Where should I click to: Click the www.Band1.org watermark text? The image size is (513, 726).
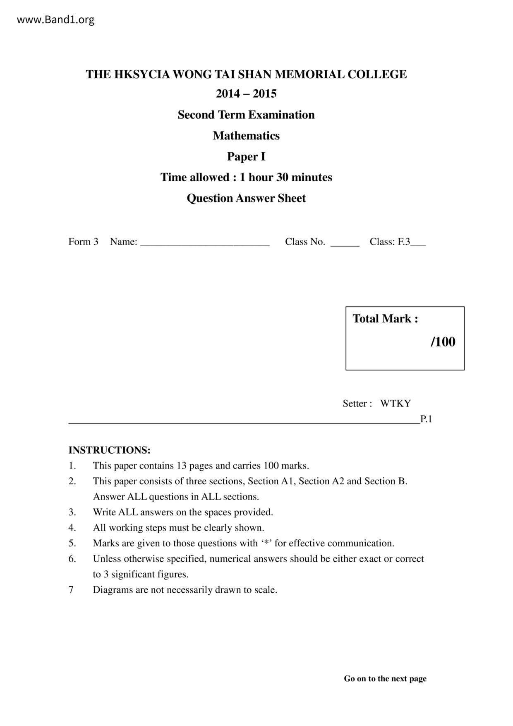56,19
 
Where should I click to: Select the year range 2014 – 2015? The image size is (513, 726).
246,94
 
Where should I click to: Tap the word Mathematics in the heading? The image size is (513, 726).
246,136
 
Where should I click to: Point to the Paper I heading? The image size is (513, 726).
246,156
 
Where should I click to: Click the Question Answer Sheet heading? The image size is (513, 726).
246,198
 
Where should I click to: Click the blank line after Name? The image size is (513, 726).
205,243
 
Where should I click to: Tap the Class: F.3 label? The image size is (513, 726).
390,242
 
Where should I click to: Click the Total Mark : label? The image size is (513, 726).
385,319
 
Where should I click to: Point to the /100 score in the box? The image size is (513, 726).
443,342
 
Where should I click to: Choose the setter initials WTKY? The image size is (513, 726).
396,404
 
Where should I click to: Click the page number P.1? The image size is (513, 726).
426,419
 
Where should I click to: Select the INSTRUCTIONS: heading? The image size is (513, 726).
109,450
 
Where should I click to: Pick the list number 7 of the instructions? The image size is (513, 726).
71,590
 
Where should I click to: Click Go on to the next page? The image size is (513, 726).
385,678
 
